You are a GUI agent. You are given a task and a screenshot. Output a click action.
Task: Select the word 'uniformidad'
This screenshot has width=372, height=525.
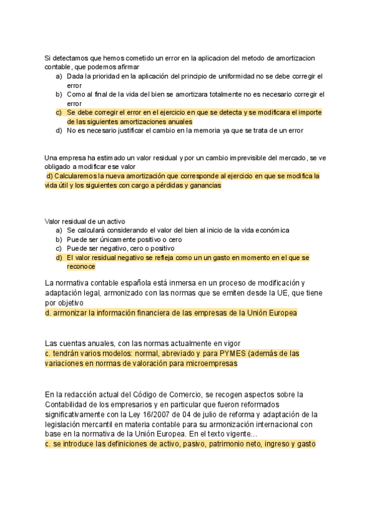245,76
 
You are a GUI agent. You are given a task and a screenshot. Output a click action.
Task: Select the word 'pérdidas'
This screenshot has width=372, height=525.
154,185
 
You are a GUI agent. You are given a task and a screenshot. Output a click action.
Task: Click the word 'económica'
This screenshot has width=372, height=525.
268,230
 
